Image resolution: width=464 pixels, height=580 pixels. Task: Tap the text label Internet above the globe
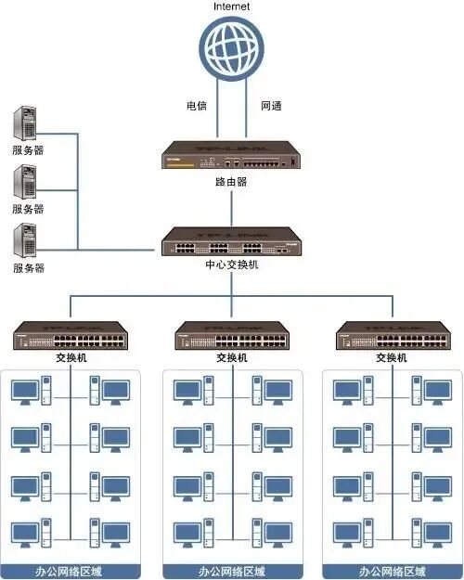tap(231, 6)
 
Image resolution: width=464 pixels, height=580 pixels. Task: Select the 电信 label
tap(196, 106)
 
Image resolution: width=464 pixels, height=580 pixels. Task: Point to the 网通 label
tap(270, 106)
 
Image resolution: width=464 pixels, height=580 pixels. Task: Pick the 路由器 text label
tap(231, 182)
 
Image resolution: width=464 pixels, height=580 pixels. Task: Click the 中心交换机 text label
tap(231, 264)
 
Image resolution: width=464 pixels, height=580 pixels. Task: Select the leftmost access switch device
tap(71, 336)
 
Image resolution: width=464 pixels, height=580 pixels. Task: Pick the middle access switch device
tap(231, 336)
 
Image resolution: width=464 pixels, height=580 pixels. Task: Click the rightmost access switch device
tap(391, 336)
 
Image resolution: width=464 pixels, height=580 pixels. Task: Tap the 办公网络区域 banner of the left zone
tap(71, 571)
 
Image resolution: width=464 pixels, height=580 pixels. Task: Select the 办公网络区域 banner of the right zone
tap(391, 571)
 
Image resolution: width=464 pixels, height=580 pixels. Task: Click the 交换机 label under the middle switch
tap(231, 357)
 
